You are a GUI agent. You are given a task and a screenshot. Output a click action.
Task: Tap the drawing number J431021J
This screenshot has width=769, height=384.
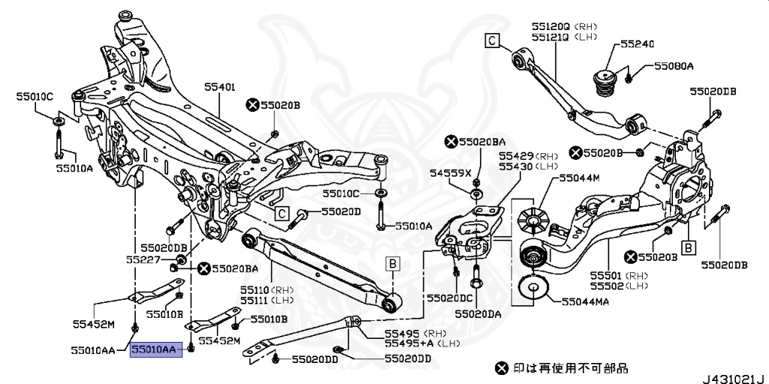(x=732, y=376)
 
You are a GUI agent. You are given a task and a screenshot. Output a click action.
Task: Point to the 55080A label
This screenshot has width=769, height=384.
(x=673, y=66)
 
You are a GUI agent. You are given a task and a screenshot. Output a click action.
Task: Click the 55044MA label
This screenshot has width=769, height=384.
(x=585, y=301)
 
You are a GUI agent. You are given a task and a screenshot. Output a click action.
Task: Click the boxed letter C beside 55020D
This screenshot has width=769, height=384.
(x=282, y=213)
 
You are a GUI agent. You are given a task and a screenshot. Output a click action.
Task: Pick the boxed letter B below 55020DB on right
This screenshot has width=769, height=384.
(x=686, y=246)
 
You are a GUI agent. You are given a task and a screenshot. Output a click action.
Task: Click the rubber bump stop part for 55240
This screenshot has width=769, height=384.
(x=605, y=83)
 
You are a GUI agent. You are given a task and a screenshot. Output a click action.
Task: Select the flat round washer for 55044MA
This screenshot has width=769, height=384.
(x=532, y=289)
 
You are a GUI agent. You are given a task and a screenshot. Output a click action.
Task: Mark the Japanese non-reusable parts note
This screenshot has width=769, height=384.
(x=562, y=368)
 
